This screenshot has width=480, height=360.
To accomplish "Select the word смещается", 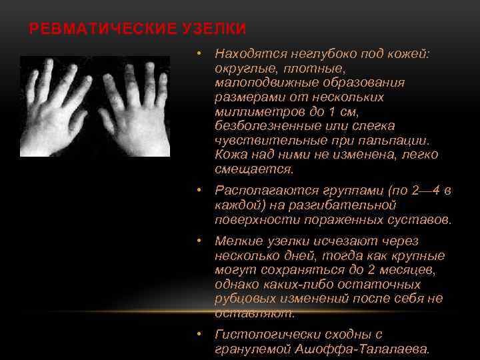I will tap(245, 169).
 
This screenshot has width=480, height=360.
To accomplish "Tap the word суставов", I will tap(421, 220).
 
